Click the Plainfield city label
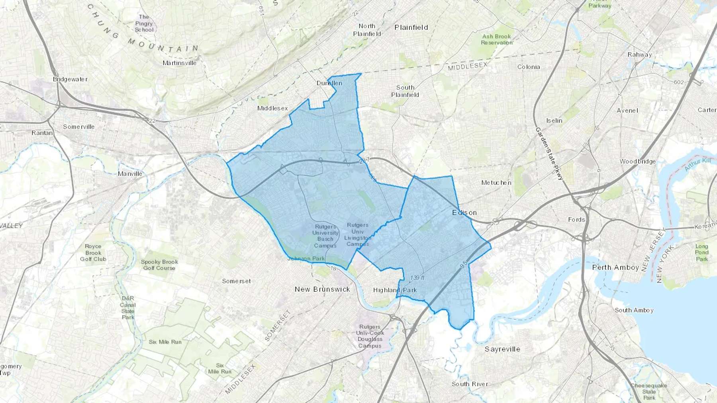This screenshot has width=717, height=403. click(x=411, y=27)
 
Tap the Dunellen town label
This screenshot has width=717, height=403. click(x=329, y=83)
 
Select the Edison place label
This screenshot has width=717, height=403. click(x=464, y=213)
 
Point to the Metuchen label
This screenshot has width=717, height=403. click(x=496, y=183)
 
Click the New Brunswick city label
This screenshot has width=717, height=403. click(x=322, y=289)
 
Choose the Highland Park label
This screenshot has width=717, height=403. click(x=395, y=290)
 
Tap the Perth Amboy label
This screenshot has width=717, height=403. click(x=615, y=267)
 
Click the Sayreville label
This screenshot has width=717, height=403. click(x=502, y=349)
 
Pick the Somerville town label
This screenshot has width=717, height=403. click(x=79, y=127)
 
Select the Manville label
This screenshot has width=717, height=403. click(x=130, y=174)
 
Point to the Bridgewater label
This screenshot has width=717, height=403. click(x=70, y=79)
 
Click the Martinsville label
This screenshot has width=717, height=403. click(x=180, y=63)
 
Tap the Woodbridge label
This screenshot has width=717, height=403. click(x=638, y=162)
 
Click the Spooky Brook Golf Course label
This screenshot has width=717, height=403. click(x=159, y=265)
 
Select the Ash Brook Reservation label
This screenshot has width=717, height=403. click(x=497, y=39)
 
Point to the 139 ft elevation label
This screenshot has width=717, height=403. click(x=417, y=278)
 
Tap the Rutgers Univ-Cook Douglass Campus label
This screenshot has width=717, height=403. click(x=370, y=336)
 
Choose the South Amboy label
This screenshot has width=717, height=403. click(x=634, y=310)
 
